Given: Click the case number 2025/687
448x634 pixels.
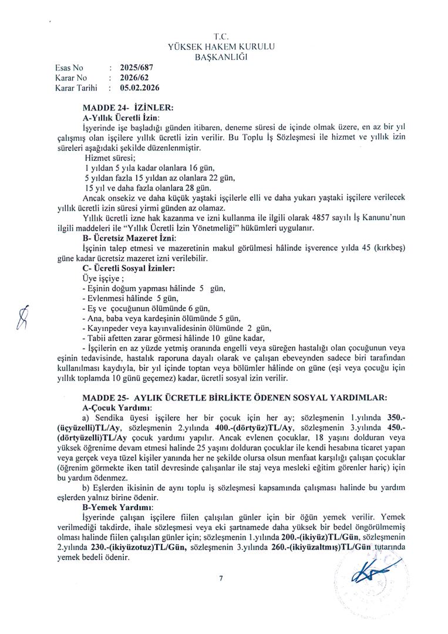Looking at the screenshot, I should [x=136, y=68].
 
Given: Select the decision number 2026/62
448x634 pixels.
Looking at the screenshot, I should [x=133, y=77].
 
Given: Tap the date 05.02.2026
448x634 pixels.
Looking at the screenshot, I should [x=140, y=87].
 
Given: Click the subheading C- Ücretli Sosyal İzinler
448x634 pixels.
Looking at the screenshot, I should [x=129, y=268].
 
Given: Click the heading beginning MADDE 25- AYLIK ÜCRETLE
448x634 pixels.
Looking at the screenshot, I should [x=235, y=397].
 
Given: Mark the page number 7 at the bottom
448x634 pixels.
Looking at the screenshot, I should [x=221, y=579].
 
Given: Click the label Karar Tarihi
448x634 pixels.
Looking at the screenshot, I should [x=76, y=87].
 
